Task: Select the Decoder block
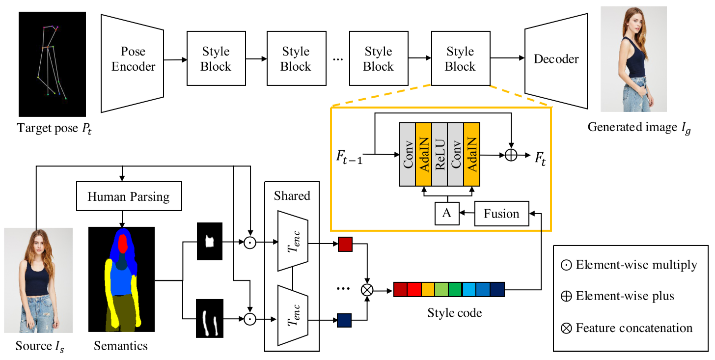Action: coord(556,59)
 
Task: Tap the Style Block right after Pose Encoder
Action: coord(216,59)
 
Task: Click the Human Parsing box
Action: coord(128,197)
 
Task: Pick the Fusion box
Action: coord(501,214)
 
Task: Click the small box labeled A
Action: coord(446,214)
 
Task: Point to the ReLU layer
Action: coord(440,154)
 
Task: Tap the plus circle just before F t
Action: coord(511,154)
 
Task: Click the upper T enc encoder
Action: coord(293,241)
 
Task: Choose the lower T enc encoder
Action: coord(293,315)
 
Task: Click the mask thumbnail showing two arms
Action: coord(209,319)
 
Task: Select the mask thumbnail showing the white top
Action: coord(209,241)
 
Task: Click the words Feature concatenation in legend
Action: coord(634,328)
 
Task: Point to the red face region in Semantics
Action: coord(122,244)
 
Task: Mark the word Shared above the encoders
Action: coord(292,195)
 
